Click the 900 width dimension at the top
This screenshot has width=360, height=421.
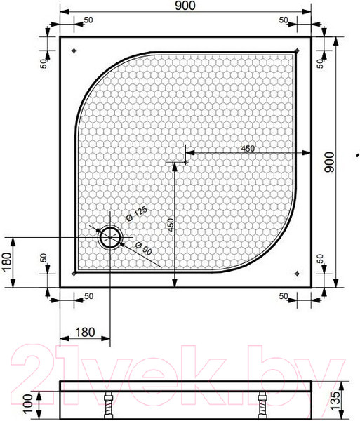pos(186,6)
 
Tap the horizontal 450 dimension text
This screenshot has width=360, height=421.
pos(247,148)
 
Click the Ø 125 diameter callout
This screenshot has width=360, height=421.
pos(137,213)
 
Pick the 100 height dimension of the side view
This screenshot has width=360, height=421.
pos(27,403)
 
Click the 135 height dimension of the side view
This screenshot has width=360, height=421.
pos(345,399)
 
